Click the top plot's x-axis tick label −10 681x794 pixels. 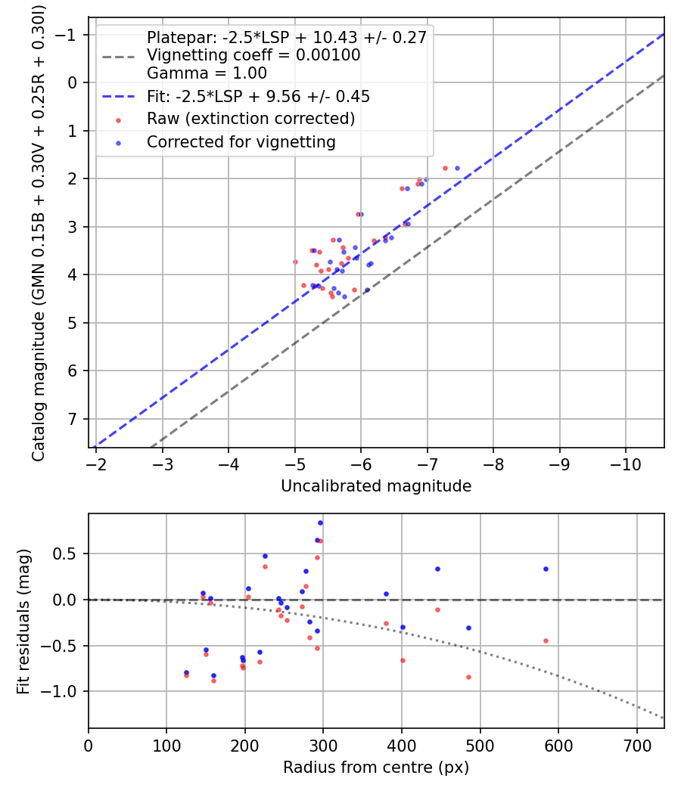pyautogui.click(x=626, y=464)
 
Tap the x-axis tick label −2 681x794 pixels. pyautogui.click(x=96, y=464)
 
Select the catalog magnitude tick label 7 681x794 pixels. pyautogui.click(x=73, y=419)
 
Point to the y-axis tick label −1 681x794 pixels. pyautogui.click(x=66, y=35)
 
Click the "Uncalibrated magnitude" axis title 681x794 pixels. pyautogui.click(x=376, y=486)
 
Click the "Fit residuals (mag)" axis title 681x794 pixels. pyautogui.click(x=23, y=622)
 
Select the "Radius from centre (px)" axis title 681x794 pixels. pyautogui.click(x=376, y=768)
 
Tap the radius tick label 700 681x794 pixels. pyautogui.click(x=637, y=746)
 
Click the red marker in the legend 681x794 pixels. pyautogui.click(x=119, y=120)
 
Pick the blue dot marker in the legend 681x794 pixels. pyautogui.click(x=119, y=144)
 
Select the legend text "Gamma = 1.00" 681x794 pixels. pyautogui.click(x=207, y=73)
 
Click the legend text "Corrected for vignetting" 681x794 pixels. pyautogui.click(x=241, y=142)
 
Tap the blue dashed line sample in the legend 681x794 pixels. pyautogui.click(x=119, y=96)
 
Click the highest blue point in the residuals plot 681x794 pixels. pyautogui.click(x=320, y=523)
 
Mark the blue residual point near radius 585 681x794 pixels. pyautogui.click(x=546, y=569)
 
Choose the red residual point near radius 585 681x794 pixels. pyautogui.click(x=546, y=641)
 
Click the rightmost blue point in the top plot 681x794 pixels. pyautogui.click(x=457, y=168)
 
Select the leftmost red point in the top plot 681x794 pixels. pyautogui.click(x=295, y=262)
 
